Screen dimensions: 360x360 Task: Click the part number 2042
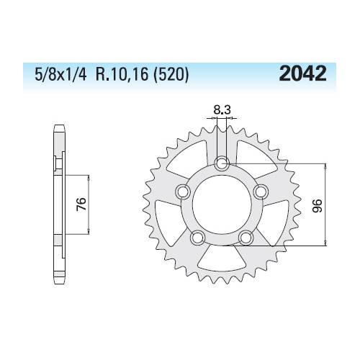coord(302,73)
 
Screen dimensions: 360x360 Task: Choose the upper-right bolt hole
coord(261,191)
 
